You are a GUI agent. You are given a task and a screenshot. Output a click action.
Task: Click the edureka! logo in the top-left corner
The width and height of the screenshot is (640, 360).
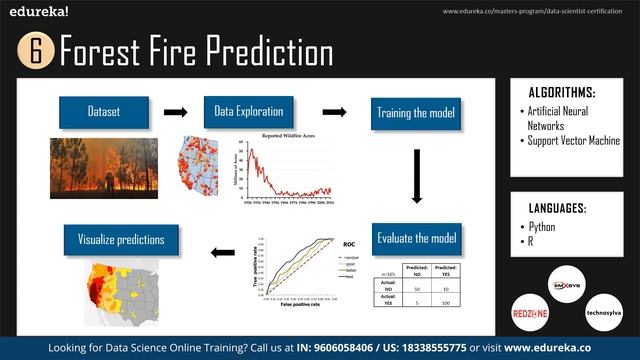pos(39,13)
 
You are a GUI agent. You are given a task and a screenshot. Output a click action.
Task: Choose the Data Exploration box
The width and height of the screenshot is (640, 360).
pos(248,112)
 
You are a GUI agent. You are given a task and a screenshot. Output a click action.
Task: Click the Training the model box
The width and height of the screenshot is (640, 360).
pos(416,112)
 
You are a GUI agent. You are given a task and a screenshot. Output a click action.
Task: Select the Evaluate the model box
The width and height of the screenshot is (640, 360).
pos(416,238)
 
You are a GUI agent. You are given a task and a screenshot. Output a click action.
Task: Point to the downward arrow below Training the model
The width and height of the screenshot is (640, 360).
pos(416,177)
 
